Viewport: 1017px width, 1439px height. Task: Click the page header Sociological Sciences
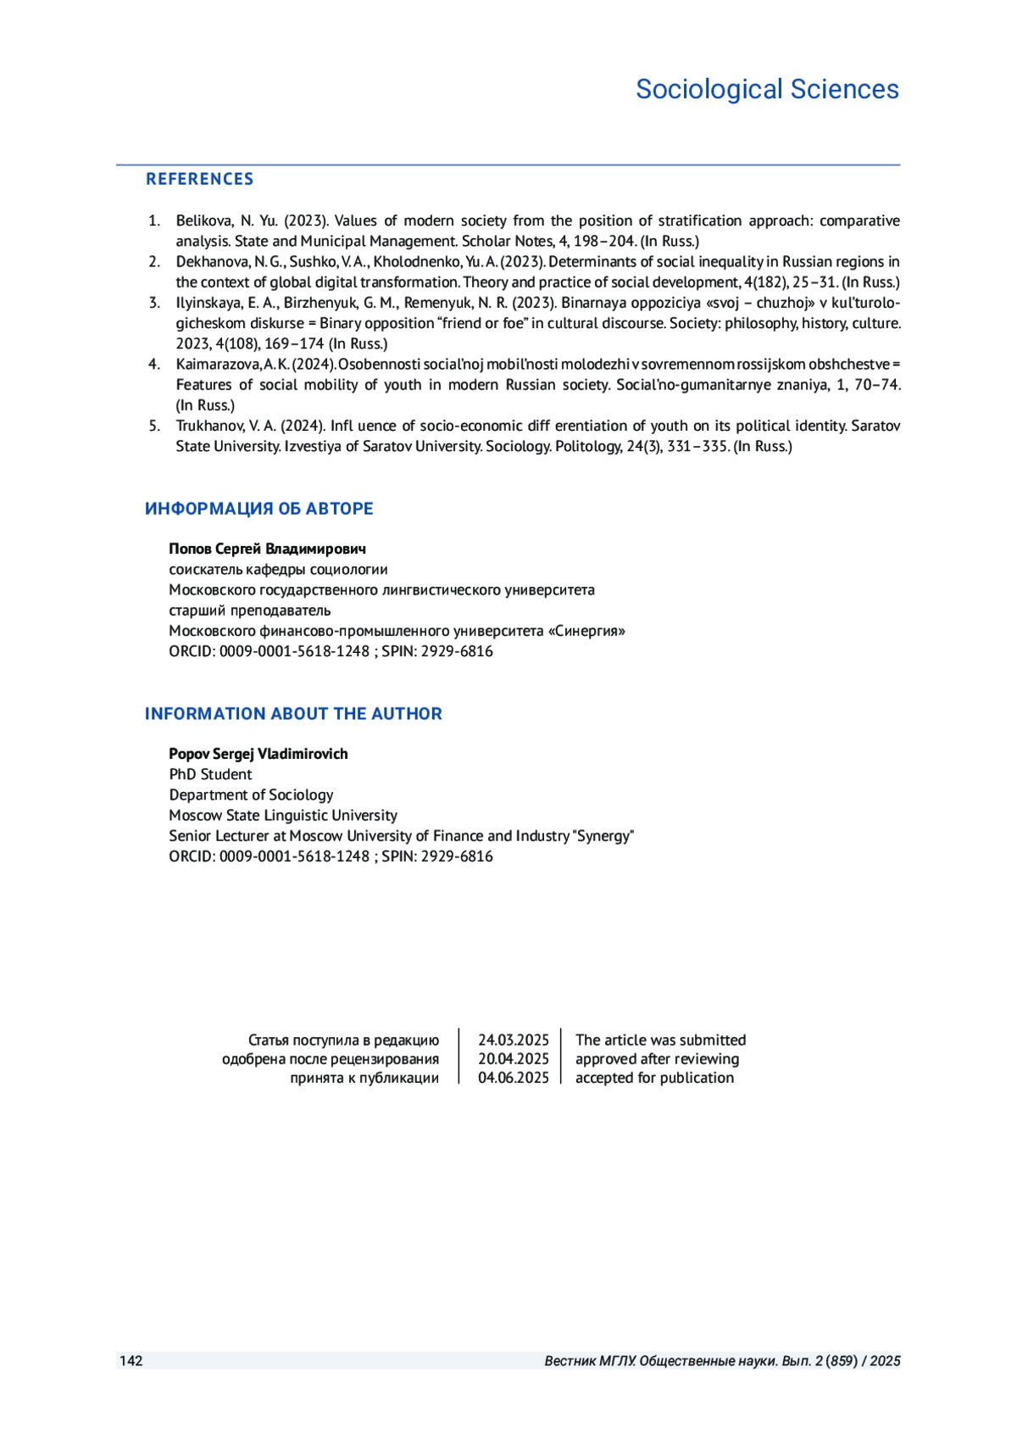click(767, 89)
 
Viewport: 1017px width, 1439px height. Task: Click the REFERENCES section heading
click(199, 179)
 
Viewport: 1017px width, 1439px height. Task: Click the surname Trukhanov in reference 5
click(209, 426)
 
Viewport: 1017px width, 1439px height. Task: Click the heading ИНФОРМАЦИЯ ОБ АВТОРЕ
click(258, 509)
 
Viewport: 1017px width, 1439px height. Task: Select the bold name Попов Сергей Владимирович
click(267, 549)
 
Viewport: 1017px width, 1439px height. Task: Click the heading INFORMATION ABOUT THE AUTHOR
click(293, 714)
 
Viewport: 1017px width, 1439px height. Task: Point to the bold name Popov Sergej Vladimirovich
click(258, 754)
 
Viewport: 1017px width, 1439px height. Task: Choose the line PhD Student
click(210, 774)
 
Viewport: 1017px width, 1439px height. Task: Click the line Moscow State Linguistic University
click(283, 815)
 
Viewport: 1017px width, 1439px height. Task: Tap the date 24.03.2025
click(513, 1040)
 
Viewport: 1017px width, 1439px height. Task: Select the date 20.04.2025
click(513, 1059)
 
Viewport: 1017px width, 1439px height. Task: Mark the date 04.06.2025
click(513, 1078)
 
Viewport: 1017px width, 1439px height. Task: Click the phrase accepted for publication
click(654, 1078)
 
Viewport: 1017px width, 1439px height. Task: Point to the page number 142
click(131, 1361)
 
